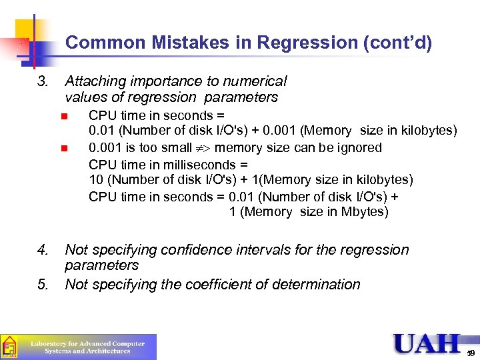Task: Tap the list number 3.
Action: pyautogui.click(x=43, y=81)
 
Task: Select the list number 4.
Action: pyautogui.click(x=43, y=250)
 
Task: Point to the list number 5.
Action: pyautogui.click(x=43, y=285)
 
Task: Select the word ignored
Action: pyautogui.click(x=359, y=147)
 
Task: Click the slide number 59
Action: pyautogui.click(x=471, y=353)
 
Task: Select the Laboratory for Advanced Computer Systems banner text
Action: pyautogui.click(x=87, y=347)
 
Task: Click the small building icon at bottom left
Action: pyautogui.click(x=9, y=346)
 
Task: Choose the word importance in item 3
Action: pyautogui.click(x=167, y=81)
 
